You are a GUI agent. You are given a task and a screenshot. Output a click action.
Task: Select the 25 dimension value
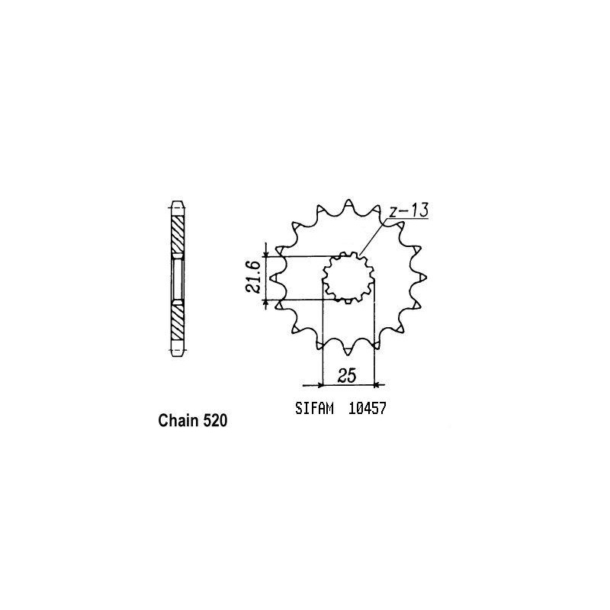point(348,375)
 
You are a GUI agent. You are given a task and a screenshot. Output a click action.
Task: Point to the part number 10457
point(368,408)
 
